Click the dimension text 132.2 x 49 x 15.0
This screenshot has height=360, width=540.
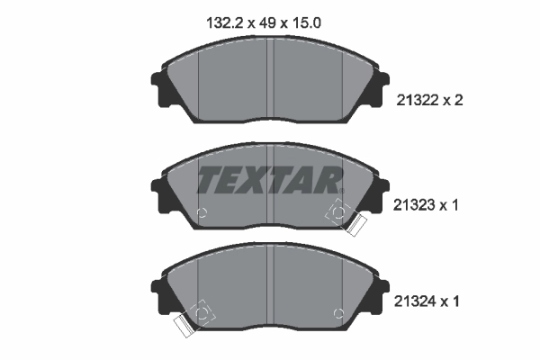point(264,23)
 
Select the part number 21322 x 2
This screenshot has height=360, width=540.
point(429,101)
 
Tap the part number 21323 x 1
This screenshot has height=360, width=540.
point(426,205)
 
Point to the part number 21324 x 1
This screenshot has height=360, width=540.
point(427,301)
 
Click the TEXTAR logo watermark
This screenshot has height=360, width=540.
point(270,180)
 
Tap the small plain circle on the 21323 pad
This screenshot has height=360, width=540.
point(202,212)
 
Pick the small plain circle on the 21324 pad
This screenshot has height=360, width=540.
point(339,313)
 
